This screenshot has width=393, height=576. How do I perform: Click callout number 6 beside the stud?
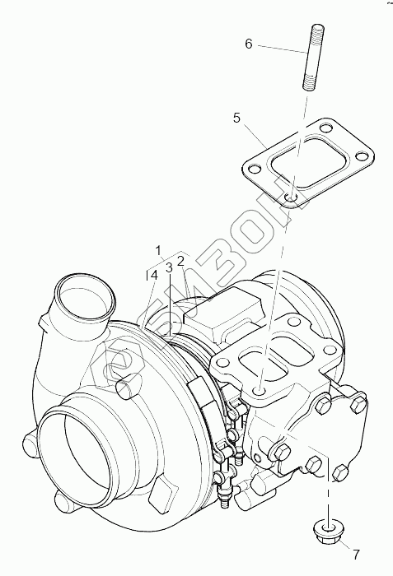[249, 44]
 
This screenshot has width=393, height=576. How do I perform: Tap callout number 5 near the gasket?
[236, 118]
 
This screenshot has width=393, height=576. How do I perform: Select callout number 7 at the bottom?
[356, 555]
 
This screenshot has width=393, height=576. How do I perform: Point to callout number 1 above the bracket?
[158, 250]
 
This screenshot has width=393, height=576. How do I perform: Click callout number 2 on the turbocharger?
[180, 261]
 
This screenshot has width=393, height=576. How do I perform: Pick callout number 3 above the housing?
[169, 267]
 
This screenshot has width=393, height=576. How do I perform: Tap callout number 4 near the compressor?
[154, 275]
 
